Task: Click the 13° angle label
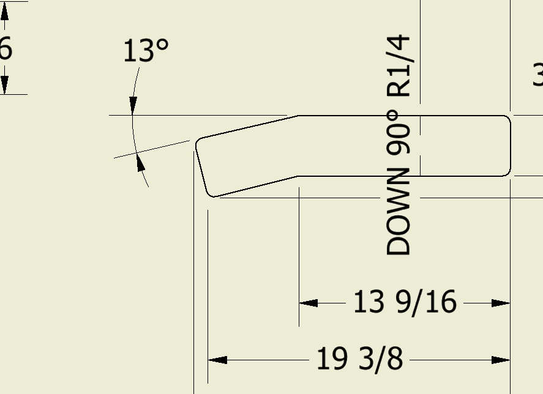146,51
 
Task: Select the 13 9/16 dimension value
405,302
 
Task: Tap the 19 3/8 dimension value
359,359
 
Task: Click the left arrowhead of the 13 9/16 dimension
308,303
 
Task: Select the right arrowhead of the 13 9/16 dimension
501,303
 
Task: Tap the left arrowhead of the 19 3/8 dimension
217,360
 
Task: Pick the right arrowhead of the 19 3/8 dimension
501,360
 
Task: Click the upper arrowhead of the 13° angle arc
133,106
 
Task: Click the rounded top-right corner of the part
507,119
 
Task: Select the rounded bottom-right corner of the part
507,173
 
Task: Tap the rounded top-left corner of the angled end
199,143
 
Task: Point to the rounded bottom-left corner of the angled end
212,194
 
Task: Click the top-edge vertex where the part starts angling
298,116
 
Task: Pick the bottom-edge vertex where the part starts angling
298,176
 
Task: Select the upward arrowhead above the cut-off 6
5,13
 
